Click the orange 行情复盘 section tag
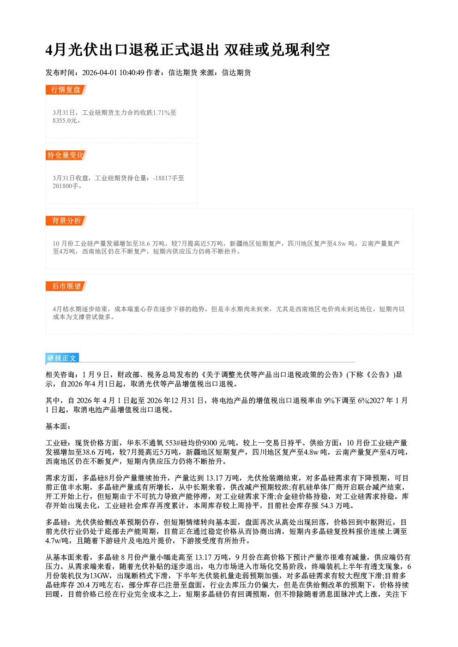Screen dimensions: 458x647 coord(66,89)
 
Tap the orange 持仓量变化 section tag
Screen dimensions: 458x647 coord(66,155)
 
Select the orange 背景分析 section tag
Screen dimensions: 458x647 coord(66,221)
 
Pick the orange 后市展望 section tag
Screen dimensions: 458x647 coord(66,286)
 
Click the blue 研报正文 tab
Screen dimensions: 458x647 coord(62,358)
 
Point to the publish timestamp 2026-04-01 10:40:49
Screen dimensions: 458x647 coord(113,73)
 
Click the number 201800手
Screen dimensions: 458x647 coord(66,186)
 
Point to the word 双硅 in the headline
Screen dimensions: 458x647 coord(239,50)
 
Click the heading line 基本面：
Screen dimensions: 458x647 coord(58,426)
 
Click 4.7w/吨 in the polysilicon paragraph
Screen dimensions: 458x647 coord(57,541)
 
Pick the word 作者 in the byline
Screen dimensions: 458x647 coord(153,73)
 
